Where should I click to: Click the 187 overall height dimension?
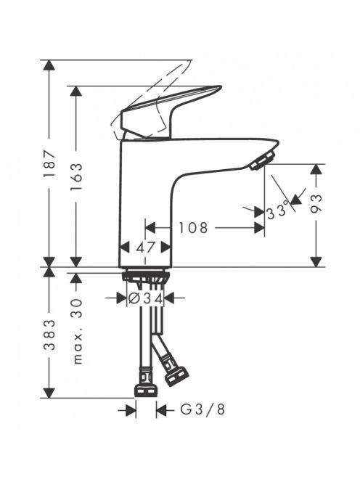pos(49,163)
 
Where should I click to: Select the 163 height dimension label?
pos(76,176)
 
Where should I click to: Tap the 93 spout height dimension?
pos(316,203)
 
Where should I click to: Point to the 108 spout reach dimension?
pos(193,228)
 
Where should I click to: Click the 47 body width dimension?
pos(145,247)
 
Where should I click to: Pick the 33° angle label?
pos(278,212)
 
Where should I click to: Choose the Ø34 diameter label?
pos(145,298)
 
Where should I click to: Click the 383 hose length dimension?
pos(49,335)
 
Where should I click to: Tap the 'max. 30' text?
pos(77,331)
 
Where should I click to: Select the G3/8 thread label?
pos(202,409)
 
